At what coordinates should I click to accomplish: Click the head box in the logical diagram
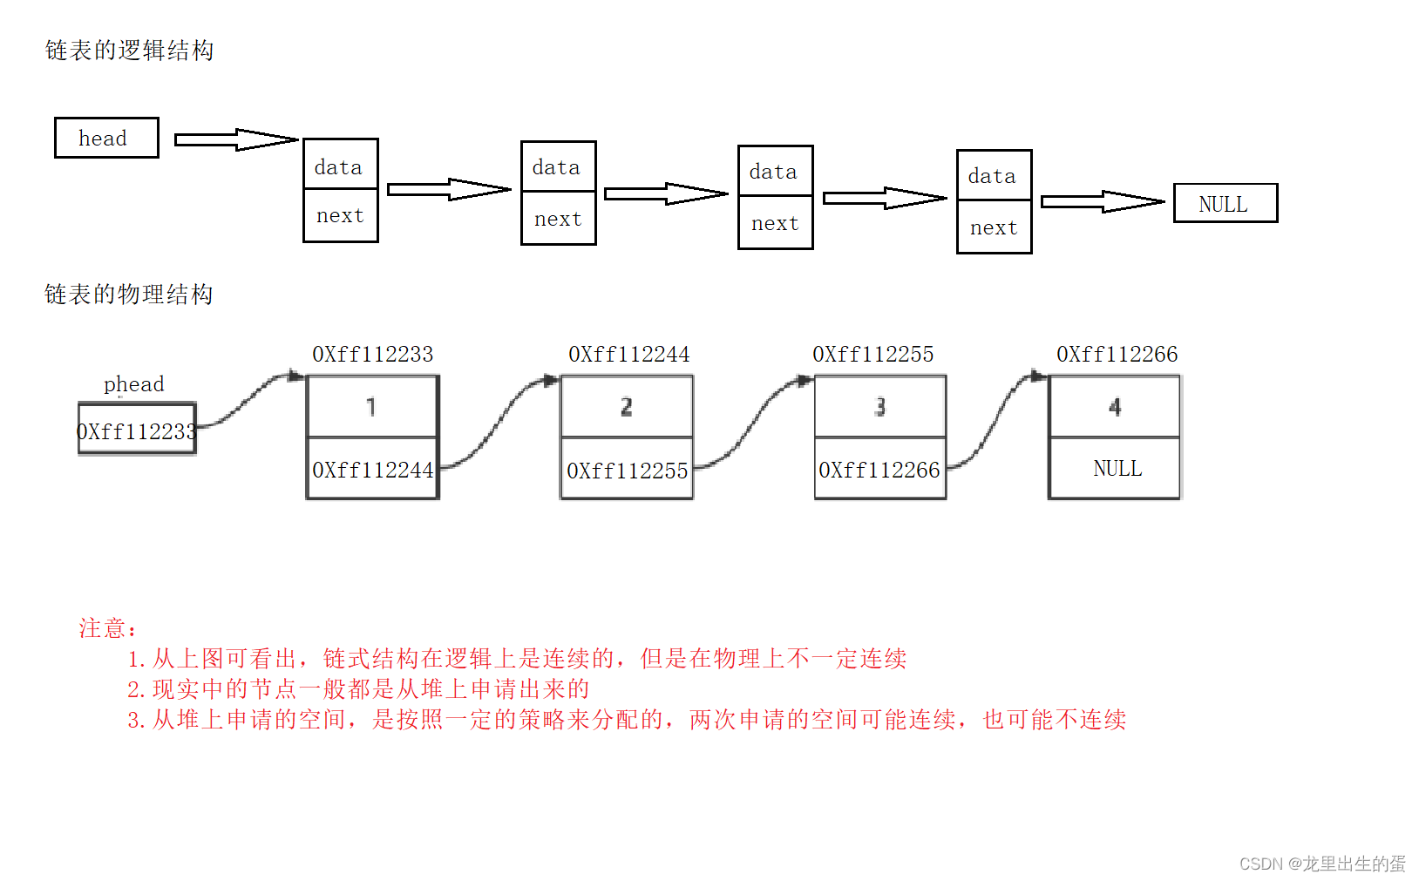[106, 138]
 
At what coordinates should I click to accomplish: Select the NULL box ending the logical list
[1225, 203]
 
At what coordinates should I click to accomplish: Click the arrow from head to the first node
[235, 139]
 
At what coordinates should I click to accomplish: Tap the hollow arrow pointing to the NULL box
[1102, 201]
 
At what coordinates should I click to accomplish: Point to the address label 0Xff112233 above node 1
[372, 354]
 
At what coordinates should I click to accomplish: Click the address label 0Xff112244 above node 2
[628, 354]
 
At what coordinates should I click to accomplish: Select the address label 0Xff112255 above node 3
[872, 354]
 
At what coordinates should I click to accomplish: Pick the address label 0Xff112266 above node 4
[1117, 354]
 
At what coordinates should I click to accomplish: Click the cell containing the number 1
[372, 406]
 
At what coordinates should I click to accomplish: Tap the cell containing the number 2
[627, 406]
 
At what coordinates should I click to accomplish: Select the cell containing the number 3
[880, 406]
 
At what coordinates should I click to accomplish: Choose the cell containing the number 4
[1114, 406]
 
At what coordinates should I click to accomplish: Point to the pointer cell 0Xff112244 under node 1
[372, 470]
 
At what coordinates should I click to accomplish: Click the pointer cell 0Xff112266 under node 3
[879, 470]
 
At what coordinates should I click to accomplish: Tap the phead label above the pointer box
[133, 384]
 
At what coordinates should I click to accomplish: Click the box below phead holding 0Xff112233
[137, 429]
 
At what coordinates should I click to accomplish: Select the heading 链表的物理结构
[129, 295]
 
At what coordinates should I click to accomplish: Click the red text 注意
[106, 628]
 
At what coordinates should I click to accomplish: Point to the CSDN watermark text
[1321, 864]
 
